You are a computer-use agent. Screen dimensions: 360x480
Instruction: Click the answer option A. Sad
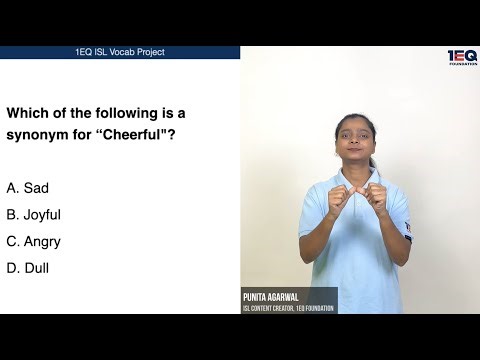click(x=27, y=188)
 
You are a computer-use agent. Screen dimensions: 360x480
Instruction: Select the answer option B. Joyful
click(x=33, y=215)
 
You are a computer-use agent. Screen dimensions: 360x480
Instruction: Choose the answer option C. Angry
click(x=33, y=242)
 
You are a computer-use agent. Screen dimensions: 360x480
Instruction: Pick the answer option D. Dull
click(x=27, y=268)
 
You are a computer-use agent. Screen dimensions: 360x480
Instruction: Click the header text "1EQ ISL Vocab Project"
click(x=120, y=52)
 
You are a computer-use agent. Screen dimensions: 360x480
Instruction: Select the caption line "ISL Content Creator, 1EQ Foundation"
click(x=289, y=308)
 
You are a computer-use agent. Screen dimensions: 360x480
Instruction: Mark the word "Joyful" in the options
click(x=42, y=215)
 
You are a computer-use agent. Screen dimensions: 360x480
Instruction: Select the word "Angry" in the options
click(x=42, y=242)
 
